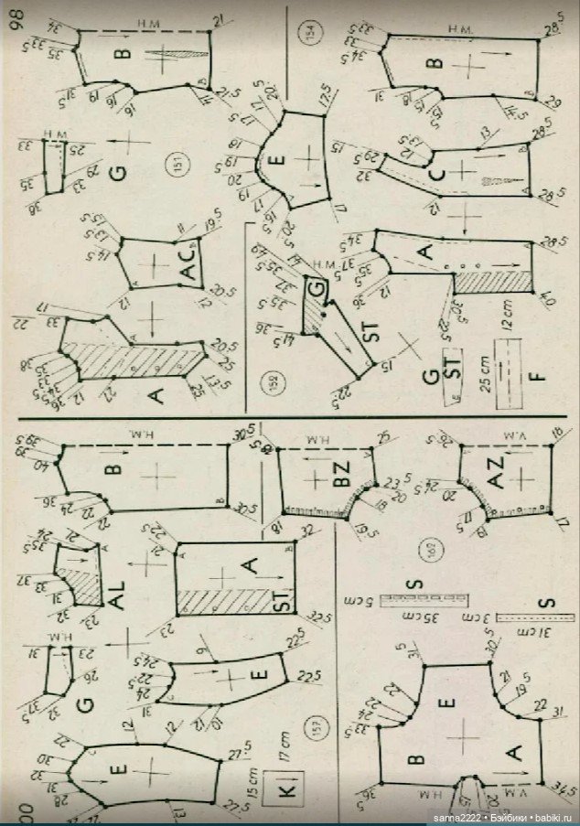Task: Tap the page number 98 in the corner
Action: (16, 19)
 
